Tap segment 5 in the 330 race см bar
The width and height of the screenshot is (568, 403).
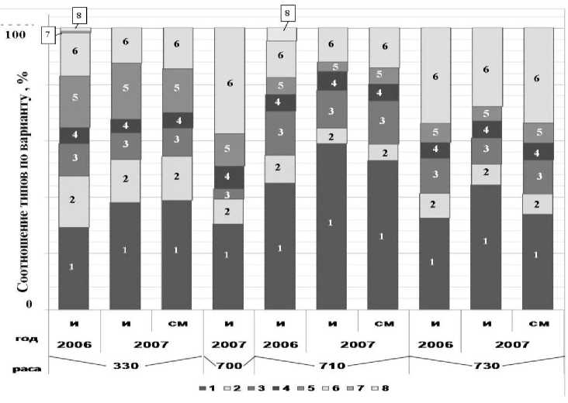pos(177,89)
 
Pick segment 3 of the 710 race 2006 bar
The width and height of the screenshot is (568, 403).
pos(281,133)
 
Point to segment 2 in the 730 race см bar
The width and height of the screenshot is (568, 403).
pos(539,203)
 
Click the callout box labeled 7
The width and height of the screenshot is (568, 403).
pos(48,34)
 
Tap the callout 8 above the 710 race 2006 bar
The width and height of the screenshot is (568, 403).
pos(289,12)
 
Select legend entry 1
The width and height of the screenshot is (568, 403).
pos(206,387)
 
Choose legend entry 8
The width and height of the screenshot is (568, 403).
pos(377,387)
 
